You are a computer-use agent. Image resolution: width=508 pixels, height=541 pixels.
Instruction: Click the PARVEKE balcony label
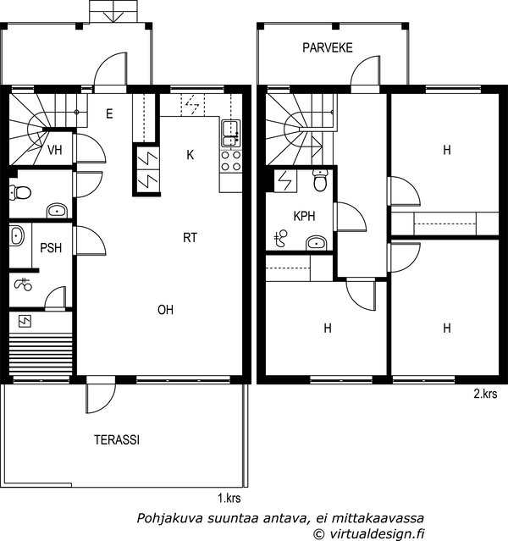(327, 47)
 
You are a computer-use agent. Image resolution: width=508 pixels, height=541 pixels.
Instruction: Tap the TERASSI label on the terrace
(117, 440)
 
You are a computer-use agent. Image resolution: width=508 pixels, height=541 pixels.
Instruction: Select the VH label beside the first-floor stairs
(55, 151)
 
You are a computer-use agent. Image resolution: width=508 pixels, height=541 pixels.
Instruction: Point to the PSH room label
(51, 248)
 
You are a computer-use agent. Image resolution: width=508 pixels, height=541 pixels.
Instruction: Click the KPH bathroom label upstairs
(304, 216)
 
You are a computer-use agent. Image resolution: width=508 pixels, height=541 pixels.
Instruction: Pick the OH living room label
(165, 310)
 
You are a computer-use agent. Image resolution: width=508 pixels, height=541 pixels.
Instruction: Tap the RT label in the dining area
(190, 238)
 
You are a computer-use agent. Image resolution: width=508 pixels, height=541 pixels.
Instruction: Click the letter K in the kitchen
(190, 155)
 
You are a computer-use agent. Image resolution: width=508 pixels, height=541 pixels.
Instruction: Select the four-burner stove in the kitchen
(230, 159)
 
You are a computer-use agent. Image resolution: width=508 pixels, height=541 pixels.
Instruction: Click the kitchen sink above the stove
(230, 130)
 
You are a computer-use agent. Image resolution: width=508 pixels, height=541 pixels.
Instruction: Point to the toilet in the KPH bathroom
(320, 181)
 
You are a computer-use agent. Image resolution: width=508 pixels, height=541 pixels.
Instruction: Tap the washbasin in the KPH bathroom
(316, 243)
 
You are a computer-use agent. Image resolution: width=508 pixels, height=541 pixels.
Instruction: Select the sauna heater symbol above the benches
(25, 321)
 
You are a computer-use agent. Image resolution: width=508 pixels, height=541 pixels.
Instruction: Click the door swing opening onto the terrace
(98, 399)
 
